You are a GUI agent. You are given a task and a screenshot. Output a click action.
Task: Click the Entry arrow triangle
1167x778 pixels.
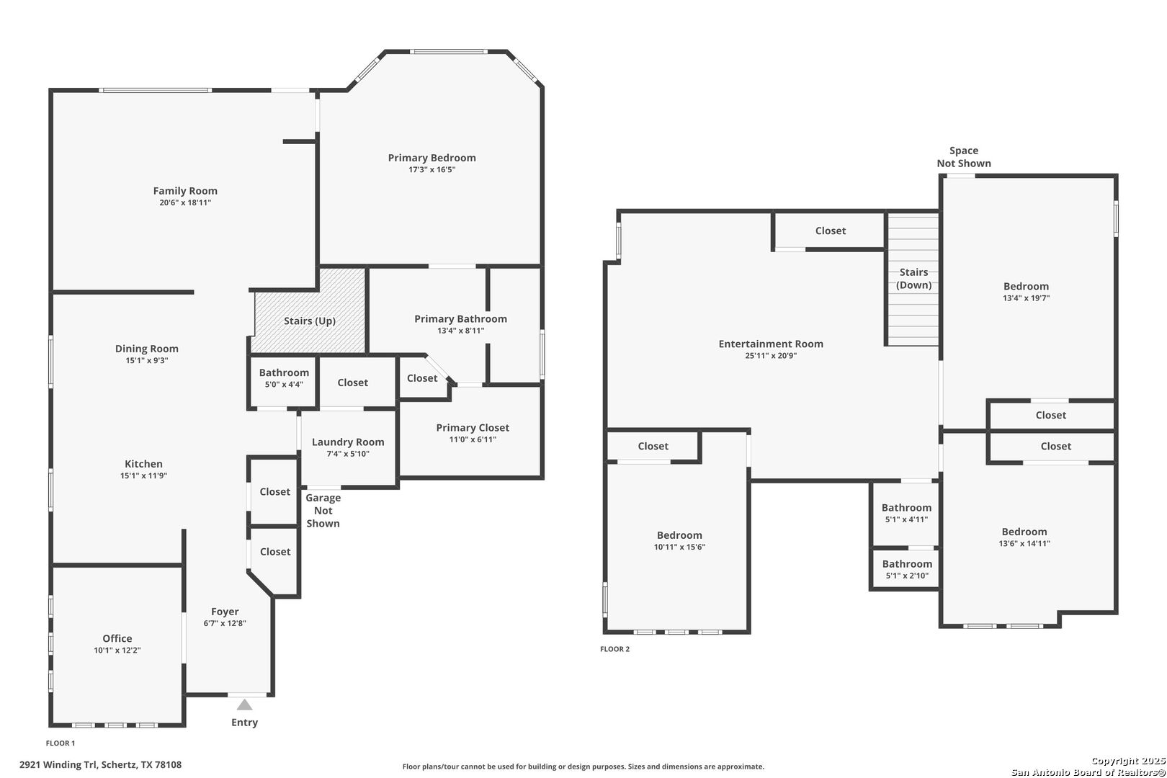tap(244, 705)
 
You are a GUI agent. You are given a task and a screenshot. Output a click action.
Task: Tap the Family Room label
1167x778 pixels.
tap(185, 191)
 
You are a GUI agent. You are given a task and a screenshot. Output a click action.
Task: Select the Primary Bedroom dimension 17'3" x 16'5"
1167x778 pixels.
tap(432, 169)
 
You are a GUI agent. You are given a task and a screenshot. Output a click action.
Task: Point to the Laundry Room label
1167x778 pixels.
tap(348, 442)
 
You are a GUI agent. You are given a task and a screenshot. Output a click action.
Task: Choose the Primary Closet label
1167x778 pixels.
tap(473, 428)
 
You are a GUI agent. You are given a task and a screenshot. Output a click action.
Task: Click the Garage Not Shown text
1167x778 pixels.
tap(323, 511)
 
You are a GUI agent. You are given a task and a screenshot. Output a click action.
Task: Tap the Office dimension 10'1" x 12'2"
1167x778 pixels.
tap(117, 650)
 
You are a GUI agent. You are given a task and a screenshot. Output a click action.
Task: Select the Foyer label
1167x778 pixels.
tap(225, 612)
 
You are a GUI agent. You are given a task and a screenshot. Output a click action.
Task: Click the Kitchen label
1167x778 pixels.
tap(143, 464)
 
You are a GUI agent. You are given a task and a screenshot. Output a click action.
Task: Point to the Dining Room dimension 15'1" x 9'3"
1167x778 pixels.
tap(147, 361)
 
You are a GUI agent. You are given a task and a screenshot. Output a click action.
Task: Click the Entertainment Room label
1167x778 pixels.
tap(771, 344)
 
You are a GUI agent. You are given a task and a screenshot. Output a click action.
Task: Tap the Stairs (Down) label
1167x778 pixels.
tap(914, 279)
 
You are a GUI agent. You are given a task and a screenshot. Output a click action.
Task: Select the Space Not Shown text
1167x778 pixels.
tap(964, 157)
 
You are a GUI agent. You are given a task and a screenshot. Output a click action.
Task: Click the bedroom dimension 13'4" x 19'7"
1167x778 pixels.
tap(1027, 298)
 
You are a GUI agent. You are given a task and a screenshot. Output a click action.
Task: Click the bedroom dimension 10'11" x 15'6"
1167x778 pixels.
tap(679, 547)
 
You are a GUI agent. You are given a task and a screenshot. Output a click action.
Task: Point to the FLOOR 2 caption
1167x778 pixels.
tap(614, 649)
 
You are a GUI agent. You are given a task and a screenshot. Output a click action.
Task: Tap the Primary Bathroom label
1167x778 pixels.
tap(460, 319)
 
